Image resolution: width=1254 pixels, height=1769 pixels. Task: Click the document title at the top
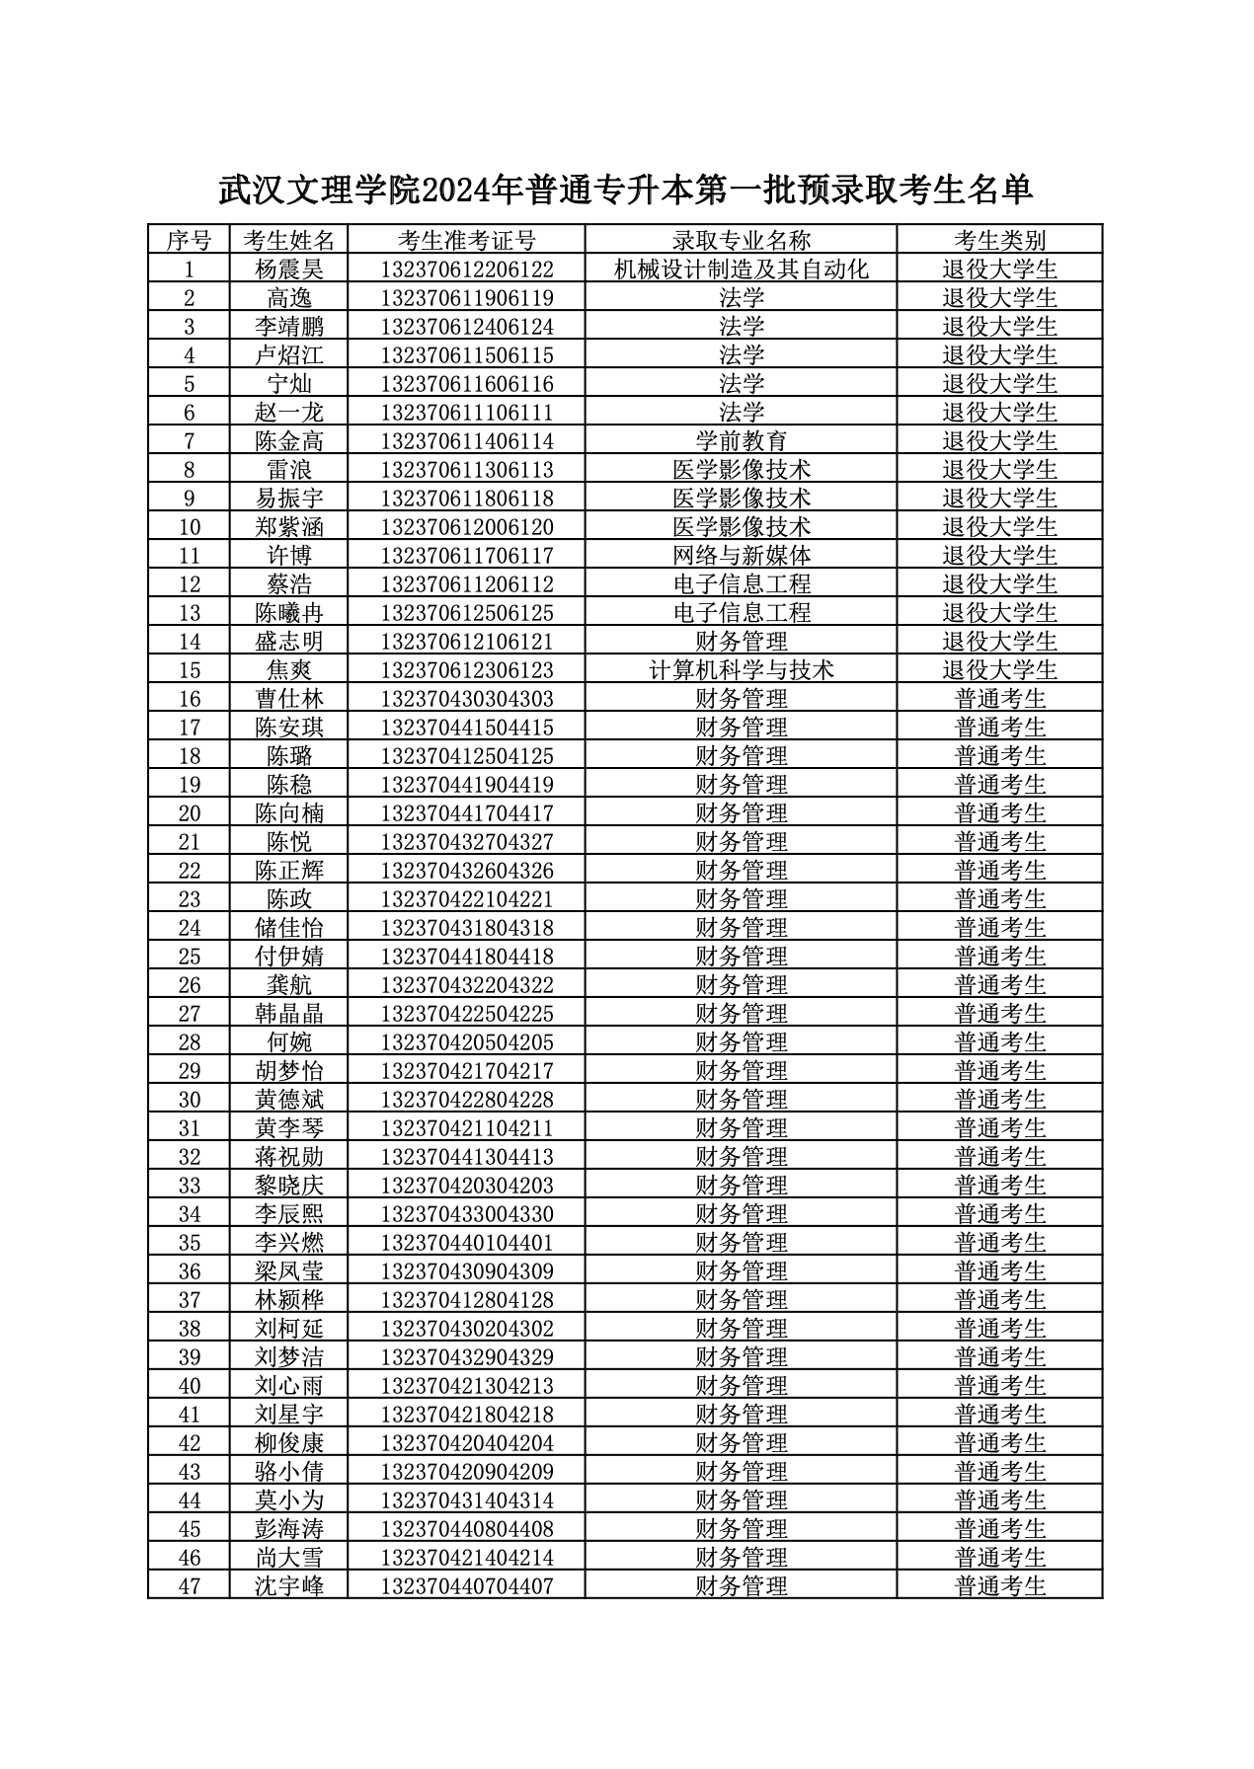(625, 189)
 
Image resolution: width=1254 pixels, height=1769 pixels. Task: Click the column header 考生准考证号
(466, 240)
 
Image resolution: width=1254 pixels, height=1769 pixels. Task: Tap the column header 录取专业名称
(741, 240)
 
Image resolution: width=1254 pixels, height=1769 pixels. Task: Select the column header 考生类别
(999, 240)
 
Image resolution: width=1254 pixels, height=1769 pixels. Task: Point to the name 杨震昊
(289, 269)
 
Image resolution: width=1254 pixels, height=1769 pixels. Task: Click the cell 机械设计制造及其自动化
(741, 269)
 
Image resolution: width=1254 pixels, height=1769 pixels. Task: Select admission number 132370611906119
(466, 298)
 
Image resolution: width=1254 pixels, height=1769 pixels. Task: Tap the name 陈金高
(289, 441)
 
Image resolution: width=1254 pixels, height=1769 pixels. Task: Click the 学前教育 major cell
(741, 441)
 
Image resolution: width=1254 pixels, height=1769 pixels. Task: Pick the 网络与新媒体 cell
(741, 556)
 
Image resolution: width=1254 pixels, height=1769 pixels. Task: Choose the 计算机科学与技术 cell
(741, 670)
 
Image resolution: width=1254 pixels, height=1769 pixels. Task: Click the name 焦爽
(289, 670)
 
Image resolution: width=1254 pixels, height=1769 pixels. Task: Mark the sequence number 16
(189, 699)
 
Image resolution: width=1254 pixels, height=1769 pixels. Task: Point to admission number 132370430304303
(466, 699)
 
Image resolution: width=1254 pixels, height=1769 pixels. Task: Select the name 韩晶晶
(289, 1014)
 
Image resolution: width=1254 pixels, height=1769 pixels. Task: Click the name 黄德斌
(289, 1100)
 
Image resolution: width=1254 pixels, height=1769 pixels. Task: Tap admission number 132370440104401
(466, 1243)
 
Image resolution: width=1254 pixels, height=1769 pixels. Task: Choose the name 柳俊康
(289, 1443)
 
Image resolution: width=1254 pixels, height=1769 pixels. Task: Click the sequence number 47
(189, 1586)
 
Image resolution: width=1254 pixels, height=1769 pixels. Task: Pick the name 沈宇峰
(289, 1586)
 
